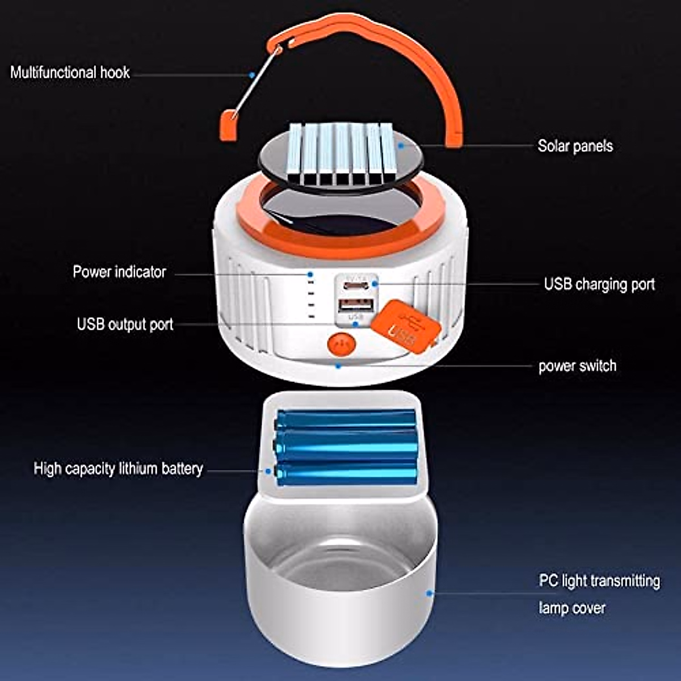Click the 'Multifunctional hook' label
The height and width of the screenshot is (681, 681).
[70, 73]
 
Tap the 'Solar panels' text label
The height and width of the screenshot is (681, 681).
[575, 146]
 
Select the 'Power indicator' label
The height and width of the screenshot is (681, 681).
[119, 272]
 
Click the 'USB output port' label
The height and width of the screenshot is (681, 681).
[125, 325]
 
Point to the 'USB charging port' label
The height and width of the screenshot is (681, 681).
[599, 284]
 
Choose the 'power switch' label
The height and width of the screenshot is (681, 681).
[577, 366]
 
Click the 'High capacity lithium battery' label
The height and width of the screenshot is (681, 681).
[118, 469]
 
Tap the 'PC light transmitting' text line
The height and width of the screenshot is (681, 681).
[599, 581]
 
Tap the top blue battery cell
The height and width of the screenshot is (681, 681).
[346, 421]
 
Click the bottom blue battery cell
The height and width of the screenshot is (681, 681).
[346, 472]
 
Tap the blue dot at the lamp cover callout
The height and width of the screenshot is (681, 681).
[430, 594]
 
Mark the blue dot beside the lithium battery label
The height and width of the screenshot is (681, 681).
[268, 471]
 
